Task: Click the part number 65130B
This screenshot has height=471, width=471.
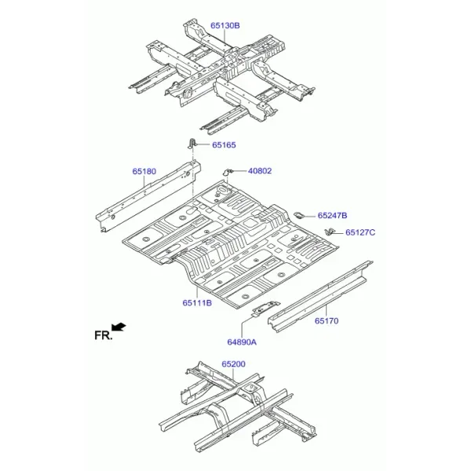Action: pyautogui.click(x=225, y=26)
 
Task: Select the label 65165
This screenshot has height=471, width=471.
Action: pyautogui.click(x=224, y=144)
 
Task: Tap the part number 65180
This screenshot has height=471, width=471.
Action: pyautogui.click(x=144, y=171)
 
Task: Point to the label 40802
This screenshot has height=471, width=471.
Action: pyautogui.click(x=260, y=171)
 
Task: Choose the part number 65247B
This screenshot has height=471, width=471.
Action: pyautogui.click(x=332, y=215)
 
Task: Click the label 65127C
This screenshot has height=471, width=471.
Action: pyautogui.click(x=360, y=232)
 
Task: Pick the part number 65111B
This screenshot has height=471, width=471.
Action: pyautogui.click(x=197, y=303)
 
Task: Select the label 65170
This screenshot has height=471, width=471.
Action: pyautogui.click(x=327, y=321)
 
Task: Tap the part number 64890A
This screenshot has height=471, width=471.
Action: pyautogui.click(x=242, y=342)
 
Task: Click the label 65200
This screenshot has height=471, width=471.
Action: pyautogui.click(x=233, y=363)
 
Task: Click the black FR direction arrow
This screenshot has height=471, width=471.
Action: pyautogui.click(x=119, y=327)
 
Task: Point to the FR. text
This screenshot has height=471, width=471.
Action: pyautogui.click(x=103, y=335)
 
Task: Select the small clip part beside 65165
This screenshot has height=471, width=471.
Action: pyautogui.click(x=192, y=144)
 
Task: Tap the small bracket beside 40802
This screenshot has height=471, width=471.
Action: pyautogui.click(x=228, y=172)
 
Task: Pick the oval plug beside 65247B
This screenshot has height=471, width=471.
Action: pyautogui.click(x=299, y=215)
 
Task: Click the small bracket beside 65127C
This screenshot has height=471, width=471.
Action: pyautogui.click(x=329, y=232)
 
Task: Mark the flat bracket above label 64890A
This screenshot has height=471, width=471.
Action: pyautogui.click(x=265, y=308)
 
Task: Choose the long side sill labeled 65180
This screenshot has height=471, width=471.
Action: pyautogui.click(x=148, y=197)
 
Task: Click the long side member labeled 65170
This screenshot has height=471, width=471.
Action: pyautogui.click(x=320, y=297)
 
